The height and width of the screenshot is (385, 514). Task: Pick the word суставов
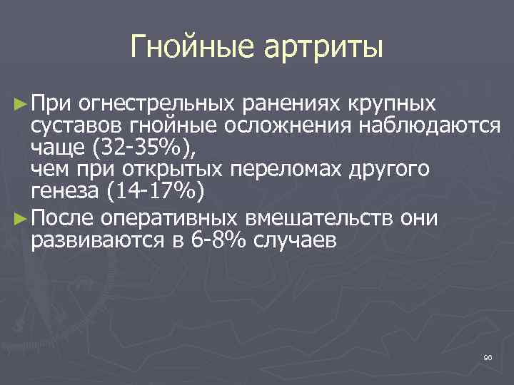click(x=77, y=127)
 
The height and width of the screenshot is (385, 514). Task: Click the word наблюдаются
click(x=423, y=127)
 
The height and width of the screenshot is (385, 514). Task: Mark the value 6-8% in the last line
click(x=216, y=239)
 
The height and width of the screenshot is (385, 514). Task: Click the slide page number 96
click(x=488, y=356)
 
